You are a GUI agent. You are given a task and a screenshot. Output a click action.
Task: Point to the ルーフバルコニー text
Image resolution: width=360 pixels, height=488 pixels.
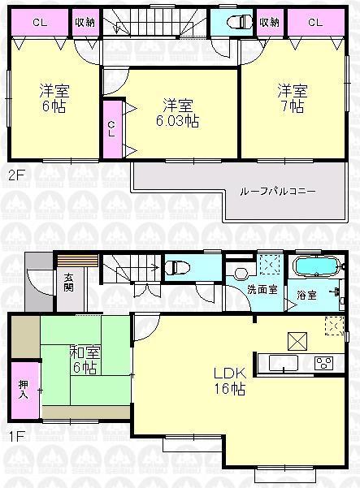pos(278,192)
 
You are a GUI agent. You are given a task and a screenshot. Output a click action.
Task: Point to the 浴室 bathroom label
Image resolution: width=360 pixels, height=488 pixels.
pos(306,293)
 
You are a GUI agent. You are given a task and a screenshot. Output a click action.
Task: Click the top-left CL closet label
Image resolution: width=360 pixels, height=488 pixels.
pos(38,22)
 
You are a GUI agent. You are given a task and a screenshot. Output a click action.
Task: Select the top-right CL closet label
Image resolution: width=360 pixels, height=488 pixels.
pos(315,22)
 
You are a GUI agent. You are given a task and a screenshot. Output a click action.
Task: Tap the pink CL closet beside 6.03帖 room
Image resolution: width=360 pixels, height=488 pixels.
pos(111,128)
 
